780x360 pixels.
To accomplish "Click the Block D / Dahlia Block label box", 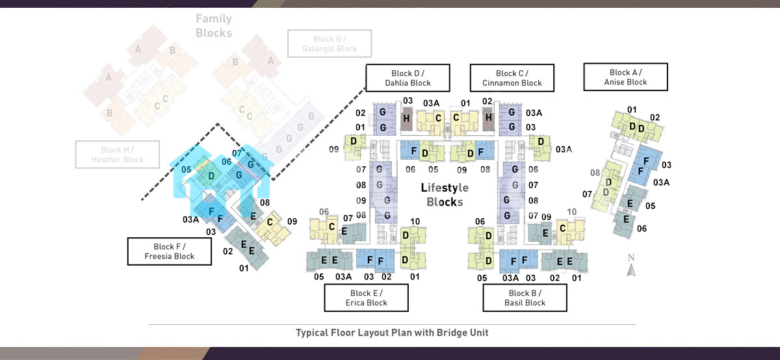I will tap(408, 78).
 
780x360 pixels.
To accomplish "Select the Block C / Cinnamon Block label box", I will tap(512, 78).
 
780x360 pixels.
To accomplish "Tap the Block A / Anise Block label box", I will tap(625, 77).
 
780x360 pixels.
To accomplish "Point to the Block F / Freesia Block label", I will tap(170, 251).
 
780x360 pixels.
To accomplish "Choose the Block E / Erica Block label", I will tap(367, 298).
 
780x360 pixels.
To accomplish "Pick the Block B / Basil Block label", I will tap(525, 298).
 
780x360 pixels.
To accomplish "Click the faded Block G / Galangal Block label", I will tap(330, 44).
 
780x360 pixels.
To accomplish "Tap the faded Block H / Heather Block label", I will tap(117, 155).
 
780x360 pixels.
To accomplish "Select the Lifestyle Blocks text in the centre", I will tap(445, 195).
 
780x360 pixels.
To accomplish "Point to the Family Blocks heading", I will tap(214, 26).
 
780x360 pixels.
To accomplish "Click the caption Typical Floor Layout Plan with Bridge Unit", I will tap(392, 333).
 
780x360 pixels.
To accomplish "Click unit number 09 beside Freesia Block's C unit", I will tap(292, 222).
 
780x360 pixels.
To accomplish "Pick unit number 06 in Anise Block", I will tap(642, 229).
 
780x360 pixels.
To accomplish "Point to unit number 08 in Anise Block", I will tap(595, 173).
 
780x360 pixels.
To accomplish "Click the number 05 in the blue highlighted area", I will tap(186, 170).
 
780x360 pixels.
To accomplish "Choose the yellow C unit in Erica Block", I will tap(331, 227).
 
